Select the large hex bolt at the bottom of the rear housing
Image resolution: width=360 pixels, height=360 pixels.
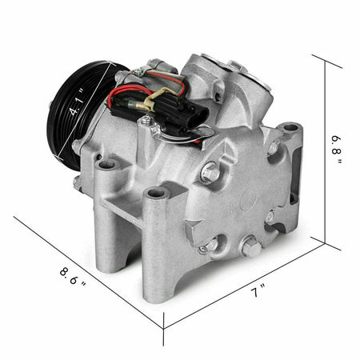[x=250, y=249]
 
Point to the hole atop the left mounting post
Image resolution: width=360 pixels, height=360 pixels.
[x=106, y=166]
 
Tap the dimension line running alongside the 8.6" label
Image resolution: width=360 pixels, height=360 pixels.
[x=88, y=272]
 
